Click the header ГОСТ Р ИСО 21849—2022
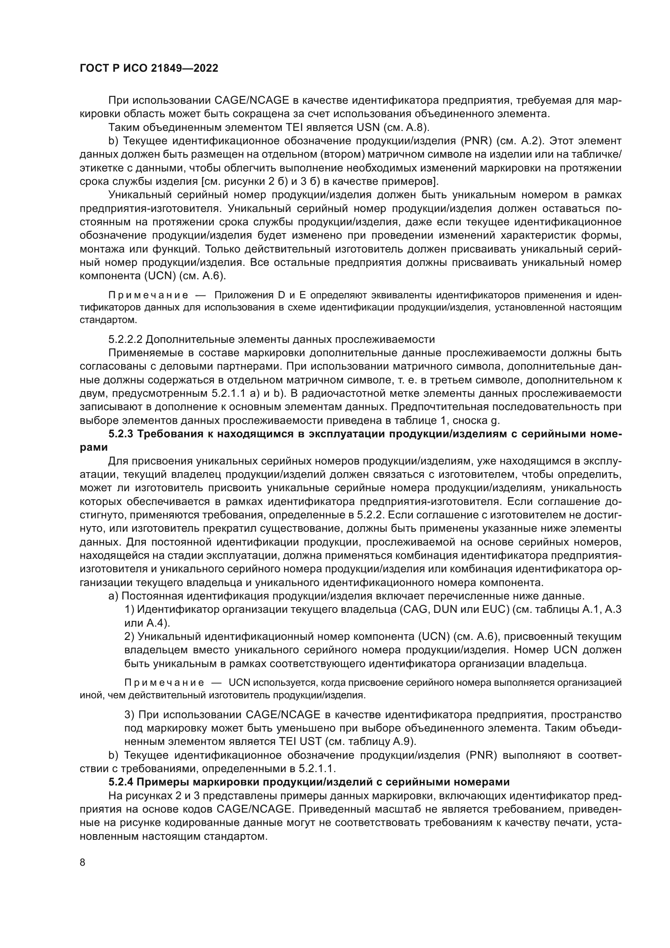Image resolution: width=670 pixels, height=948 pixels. tap(149, 68)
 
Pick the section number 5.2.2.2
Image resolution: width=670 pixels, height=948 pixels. tap(125, 339)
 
